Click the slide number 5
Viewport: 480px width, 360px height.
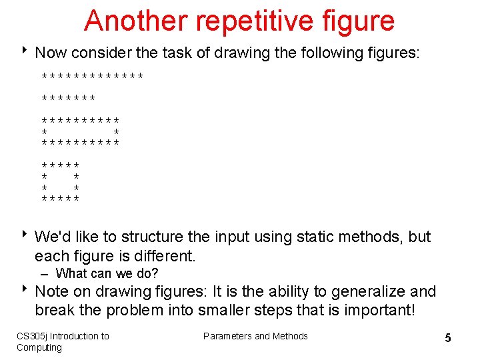click(448, 338)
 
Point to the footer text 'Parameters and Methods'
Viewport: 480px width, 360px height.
click(255, 336)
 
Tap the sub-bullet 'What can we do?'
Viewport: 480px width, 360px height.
click(107, 273)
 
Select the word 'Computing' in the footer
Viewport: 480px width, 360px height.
click(39, 347)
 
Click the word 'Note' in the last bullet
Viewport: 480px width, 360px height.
click(51, 291)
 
